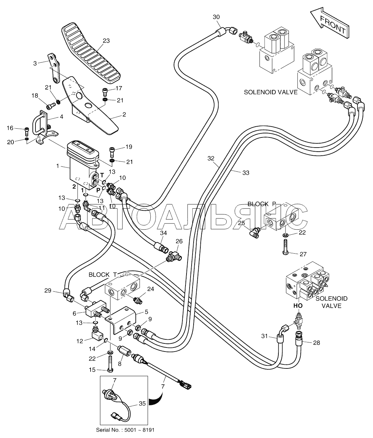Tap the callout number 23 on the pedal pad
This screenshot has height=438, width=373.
click(x=106, y=41)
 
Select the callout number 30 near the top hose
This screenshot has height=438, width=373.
click(x=216, y=17)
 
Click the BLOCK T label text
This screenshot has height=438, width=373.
click(x=103, y=275)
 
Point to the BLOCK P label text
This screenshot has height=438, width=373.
click(x=262, y=204)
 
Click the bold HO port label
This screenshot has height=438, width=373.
click(x=298, y=306)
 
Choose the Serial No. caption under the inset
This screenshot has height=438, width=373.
click(x=125, y=434)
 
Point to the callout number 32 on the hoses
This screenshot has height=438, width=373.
click(x=211, y=158)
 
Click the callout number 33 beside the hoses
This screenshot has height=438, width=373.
click(x=246, y=173)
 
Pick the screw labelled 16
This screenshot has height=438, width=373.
click(x=26, y=132)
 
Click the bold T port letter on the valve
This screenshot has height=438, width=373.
click(x=102, y=175)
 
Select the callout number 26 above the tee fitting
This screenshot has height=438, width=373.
click(x=179, y=241)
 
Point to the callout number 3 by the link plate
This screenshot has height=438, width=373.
click(x=35, y=63)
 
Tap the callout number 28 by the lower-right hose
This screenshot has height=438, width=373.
click(x=316, y=342)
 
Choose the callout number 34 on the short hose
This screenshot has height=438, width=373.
click(x=163, y=233)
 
